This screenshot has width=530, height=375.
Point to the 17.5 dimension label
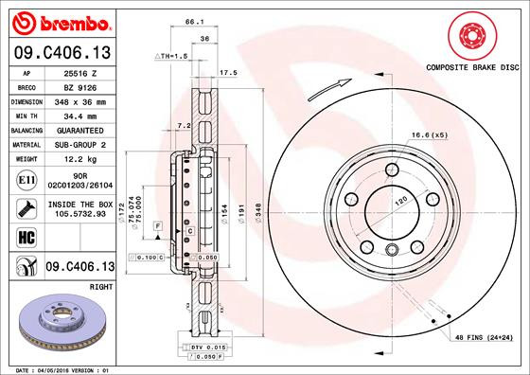point(227,72)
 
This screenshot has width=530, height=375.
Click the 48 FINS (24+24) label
point(484,338)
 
